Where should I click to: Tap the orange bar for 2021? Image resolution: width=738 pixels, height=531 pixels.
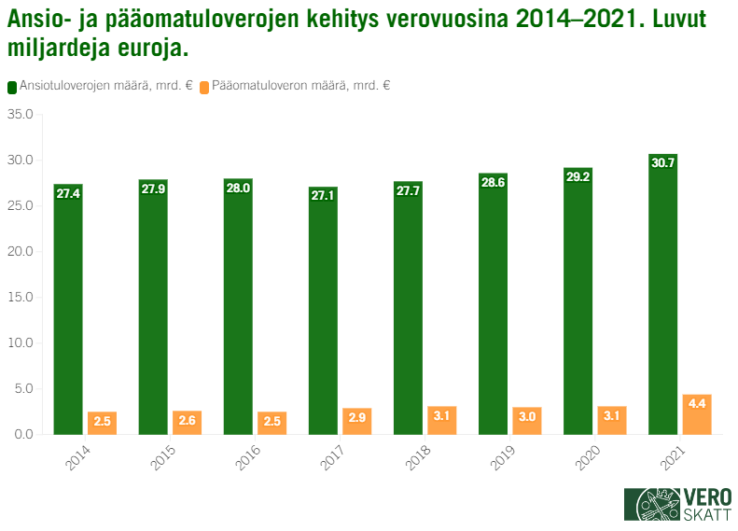click(x=697, y=415)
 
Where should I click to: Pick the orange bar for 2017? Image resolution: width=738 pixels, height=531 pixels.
click(x=356, y=422)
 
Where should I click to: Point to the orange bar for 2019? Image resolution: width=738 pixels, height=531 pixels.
click(x=526, y=422)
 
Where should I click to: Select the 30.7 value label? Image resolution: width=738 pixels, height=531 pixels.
click(x=662, y=162)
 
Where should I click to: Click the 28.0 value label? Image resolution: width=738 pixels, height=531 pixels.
click(x=238, y=188)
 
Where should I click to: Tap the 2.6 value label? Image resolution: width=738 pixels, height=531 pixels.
click(x=187, y=421)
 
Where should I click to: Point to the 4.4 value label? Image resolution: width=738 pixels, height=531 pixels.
click(x=697, y=404)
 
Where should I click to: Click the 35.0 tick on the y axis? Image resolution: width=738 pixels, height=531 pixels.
click(x=21, y=115)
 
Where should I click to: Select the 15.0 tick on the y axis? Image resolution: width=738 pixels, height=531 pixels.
click(x=21, y=298)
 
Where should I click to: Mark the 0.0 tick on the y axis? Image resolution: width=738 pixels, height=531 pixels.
click(x=24, y=435)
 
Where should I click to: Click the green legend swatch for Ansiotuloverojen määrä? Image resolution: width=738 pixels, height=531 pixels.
click(x=12, y=86)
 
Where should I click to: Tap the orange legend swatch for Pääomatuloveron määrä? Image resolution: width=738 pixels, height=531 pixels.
click(x=204, y=86)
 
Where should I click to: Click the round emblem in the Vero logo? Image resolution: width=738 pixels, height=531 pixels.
click(x=653, y=505)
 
